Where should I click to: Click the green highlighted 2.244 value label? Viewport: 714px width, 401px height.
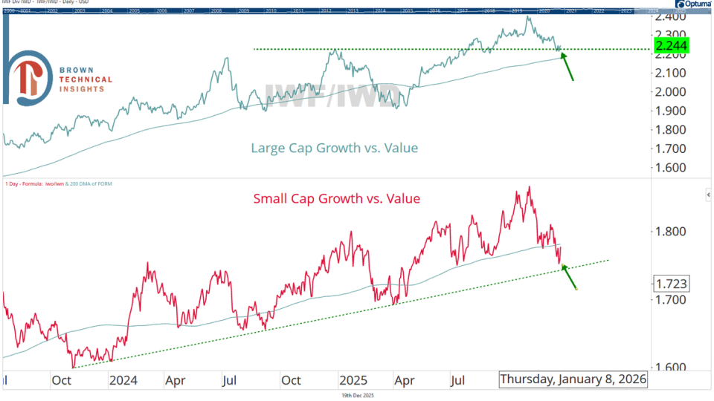(672, 46)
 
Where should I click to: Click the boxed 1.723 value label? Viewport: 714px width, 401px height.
(672, 283)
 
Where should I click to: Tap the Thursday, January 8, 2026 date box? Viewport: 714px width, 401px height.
(573, 379)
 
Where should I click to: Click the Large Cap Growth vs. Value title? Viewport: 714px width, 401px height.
(334, 148)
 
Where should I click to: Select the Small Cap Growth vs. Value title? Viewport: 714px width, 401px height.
(336, 198)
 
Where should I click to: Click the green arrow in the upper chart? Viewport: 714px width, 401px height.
(566, 65)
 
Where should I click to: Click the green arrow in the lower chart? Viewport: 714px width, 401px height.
(569, 277)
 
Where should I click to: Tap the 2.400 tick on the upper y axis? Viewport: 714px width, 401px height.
(672, 16)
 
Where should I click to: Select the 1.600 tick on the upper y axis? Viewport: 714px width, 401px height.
(672, 168)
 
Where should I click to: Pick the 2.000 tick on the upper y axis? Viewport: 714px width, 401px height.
(672, 92)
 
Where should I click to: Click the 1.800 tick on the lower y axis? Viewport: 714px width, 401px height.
(672, 231)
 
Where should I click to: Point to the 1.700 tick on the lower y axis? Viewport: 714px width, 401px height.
(672, 299)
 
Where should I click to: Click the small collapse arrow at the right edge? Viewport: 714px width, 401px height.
(708, 195)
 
